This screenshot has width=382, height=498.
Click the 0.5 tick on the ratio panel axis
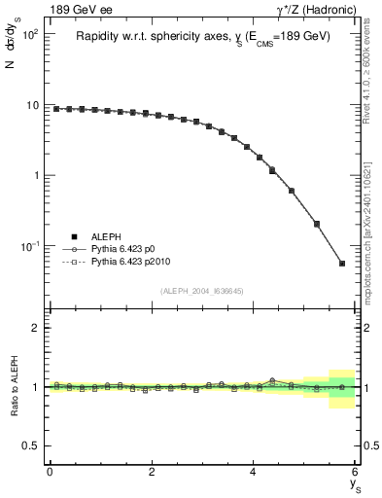point(31,445)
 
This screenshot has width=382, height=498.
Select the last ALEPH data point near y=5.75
point(342,264)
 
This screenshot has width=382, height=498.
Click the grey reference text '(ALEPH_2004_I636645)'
point(201,292)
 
